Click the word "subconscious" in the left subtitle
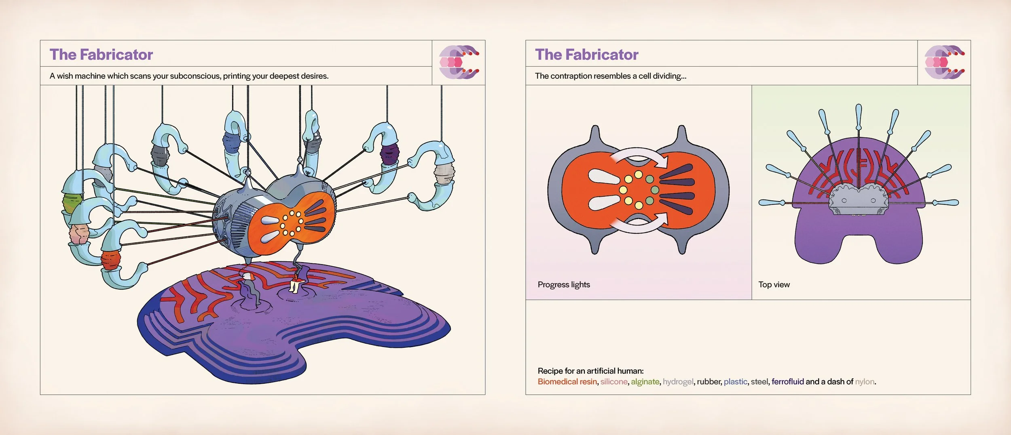click(x=195, y=76)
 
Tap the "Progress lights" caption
click(x=564, y=285)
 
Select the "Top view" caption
click(x=774, y=284)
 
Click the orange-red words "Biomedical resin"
click(x=567, y=382)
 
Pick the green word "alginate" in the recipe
click(x=645, y=382)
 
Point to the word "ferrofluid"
click(x=787, y=381)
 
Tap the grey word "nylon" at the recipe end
click(x=865, y=382)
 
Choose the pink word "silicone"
click(x=614, y=381)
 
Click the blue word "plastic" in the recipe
click(x=735, y=382)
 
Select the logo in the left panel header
click(x=459, y=62)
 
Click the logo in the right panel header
click(x=944, y=62)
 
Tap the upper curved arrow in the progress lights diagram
click(x=639, y=156)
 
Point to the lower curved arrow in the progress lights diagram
click(x=639, y=225)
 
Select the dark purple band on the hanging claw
click(x=389, y=155)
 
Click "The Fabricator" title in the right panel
click(x=587, y=55)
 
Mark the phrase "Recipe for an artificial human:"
click(x=590, y=371)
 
